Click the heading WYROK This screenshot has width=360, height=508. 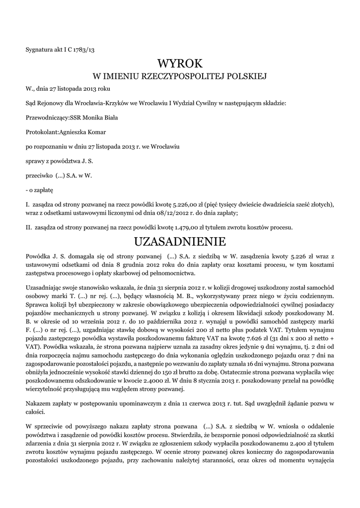[x=180, y=63]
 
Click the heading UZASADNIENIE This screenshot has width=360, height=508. [x=180, y=242]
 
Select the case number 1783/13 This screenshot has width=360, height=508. [x=83, y=49]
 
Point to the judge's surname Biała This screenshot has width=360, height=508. [x=109, y=118]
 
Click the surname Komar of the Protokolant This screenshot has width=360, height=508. [x=97, y=132]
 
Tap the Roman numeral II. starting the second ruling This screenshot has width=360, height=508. [x=29, y=228]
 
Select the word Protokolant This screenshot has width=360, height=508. [x=41, y=132]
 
